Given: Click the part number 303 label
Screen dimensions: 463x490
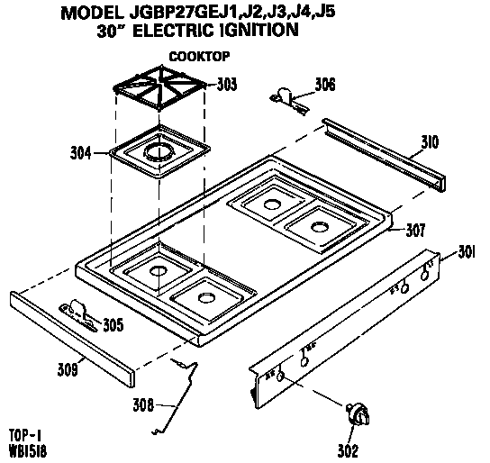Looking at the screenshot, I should [228, 85].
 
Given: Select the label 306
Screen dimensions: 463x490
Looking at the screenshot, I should [325, 85].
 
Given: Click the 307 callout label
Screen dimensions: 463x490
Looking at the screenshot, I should [415, 230].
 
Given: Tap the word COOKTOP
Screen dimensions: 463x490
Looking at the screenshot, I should [195, 54].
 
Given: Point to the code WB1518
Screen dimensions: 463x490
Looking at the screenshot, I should [28, 449].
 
